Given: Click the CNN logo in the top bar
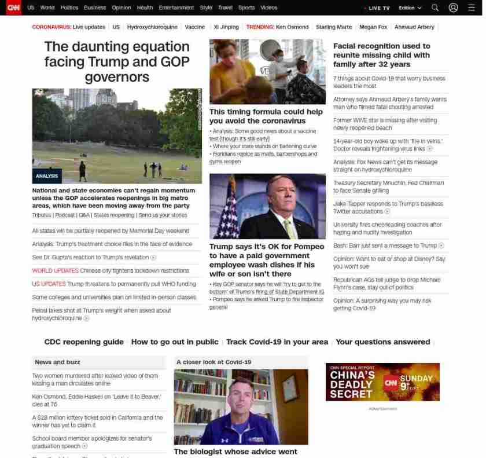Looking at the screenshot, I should [x=13, y=8].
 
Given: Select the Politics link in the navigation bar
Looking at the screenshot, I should [x=69, y=8].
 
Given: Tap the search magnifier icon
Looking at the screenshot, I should [x=435, y=8].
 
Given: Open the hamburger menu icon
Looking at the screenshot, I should [x=471, y=8].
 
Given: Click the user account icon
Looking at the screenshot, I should [x=453, y=8].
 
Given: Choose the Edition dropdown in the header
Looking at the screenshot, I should [x=410, y=8].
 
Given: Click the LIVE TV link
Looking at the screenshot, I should [x=377, y=8].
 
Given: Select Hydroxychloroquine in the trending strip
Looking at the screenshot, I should [x=153, y=27].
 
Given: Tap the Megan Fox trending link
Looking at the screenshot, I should [x=373, y=27].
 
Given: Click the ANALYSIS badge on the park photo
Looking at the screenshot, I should [x=47, y=176].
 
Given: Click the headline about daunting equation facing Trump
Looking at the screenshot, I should [x=116, y=61].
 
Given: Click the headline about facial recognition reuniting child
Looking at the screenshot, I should [x=381, y=55].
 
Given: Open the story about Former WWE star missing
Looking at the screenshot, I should [x=385, y=124].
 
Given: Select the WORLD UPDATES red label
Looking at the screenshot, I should [x=55, y=270].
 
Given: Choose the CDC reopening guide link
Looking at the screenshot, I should [x=84, y=342].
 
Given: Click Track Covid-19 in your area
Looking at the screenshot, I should [x=277, y=342].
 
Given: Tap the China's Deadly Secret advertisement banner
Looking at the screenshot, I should [x=382, y=382].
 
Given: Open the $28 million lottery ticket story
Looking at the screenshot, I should [x=97, y=421].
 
